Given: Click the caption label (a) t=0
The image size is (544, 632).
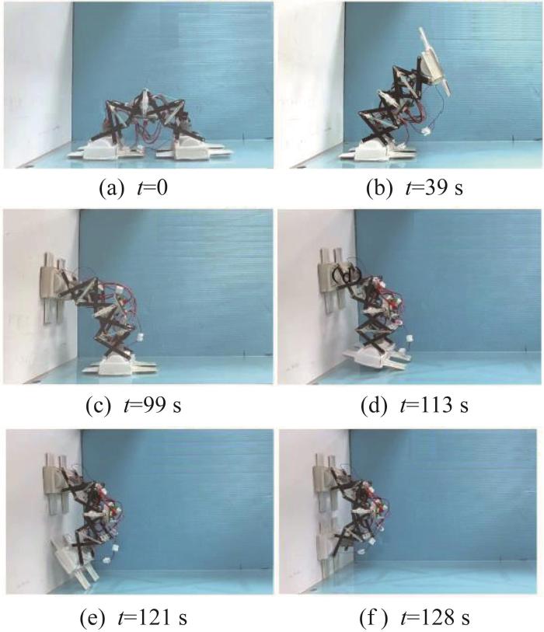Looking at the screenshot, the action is tap(133, 188).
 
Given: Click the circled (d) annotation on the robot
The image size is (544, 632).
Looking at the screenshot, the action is tap(346, 274).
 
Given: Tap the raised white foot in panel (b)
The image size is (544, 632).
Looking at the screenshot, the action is tap(434, 61).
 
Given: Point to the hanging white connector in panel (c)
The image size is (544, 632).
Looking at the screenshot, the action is tap(141, 337).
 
